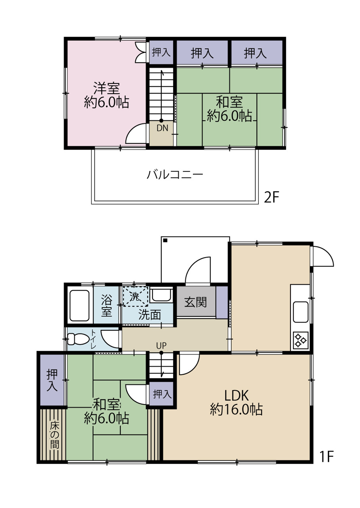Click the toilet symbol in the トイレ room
pyautogui.click(x=79, y=339)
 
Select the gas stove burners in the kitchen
pyautogui.click(x=301, y=340)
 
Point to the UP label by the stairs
pyautogui.click(x=161, y=346)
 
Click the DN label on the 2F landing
pyautogui.click(x=162, y=128)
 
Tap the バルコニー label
pyautogui.click(x=175, y=175)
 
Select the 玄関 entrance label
pyautogui.click(x=196, y=302)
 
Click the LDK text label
pyautogui.click(x=237, y=396)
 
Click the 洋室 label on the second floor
pyautogui.click(x=106, y=88)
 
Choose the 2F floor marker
pyautogui.click(x=271, y=197)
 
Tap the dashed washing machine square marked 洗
pyautogui.click(x=135, y=297)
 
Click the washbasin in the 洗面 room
pyautogui.click(x=161, y=295)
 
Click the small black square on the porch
pyautogui.click(x=165, y=241)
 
